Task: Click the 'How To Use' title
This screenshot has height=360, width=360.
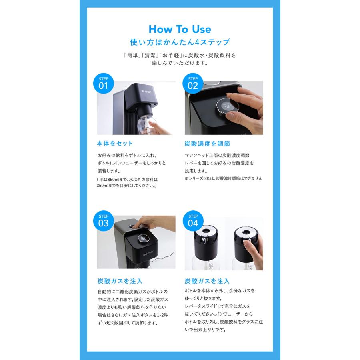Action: (180, 29)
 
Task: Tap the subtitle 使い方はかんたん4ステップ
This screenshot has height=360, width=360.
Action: (180, 42)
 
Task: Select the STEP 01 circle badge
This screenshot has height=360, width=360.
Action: (103, 83)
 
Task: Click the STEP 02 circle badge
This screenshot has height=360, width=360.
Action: (193, 83)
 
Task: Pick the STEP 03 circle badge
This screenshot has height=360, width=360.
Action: (103, 220)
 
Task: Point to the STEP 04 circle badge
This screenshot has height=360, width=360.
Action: (193, 220)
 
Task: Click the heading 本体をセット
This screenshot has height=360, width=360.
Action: (115, 143)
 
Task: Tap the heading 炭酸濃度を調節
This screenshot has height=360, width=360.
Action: (207, 143)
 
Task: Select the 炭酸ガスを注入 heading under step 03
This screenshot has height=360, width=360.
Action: (120, 281)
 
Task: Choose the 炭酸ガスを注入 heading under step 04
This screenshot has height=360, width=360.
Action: (207, 281)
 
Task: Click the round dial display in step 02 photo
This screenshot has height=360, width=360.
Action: (226, 106)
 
